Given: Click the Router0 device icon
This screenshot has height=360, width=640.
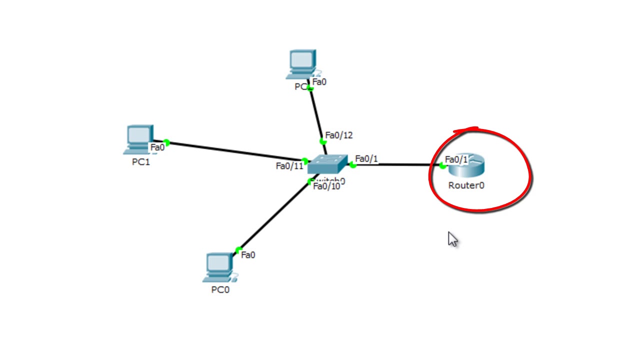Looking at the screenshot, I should coord(467,166).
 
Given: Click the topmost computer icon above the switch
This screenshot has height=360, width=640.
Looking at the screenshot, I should coord(301,64).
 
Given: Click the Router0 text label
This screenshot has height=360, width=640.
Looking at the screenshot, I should coord(466,185).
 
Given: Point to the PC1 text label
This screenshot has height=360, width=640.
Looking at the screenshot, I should coord(140,162).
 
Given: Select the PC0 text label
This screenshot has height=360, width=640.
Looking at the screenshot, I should coord(220,289).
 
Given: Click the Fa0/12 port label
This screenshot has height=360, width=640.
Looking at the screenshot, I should coord(339,135).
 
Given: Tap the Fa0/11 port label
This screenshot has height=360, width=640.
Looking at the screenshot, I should coord(289,166).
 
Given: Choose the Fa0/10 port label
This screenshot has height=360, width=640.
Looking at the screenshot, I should coord(326,186).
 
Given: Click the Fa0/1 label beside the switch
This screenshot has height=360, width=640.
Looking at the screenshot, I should coord(366,159).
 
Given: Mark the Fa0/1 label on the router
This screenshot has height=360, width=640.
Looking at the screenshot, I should coord(456,159).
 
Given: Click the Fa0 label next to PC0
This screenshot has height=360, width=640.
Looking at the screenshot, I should coord(248,255).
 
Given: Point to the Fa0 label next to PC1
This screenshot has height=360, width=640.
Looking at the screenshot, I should coord(157,147).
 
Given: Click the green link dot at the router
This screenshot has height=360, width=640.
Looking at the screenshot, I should coord(442,165).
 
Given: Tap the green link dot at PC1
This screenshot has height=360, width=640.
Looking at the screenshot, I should coord(166,142).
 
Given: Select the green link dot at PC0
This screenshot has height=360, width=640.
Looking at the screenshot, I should coord(238,250).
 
